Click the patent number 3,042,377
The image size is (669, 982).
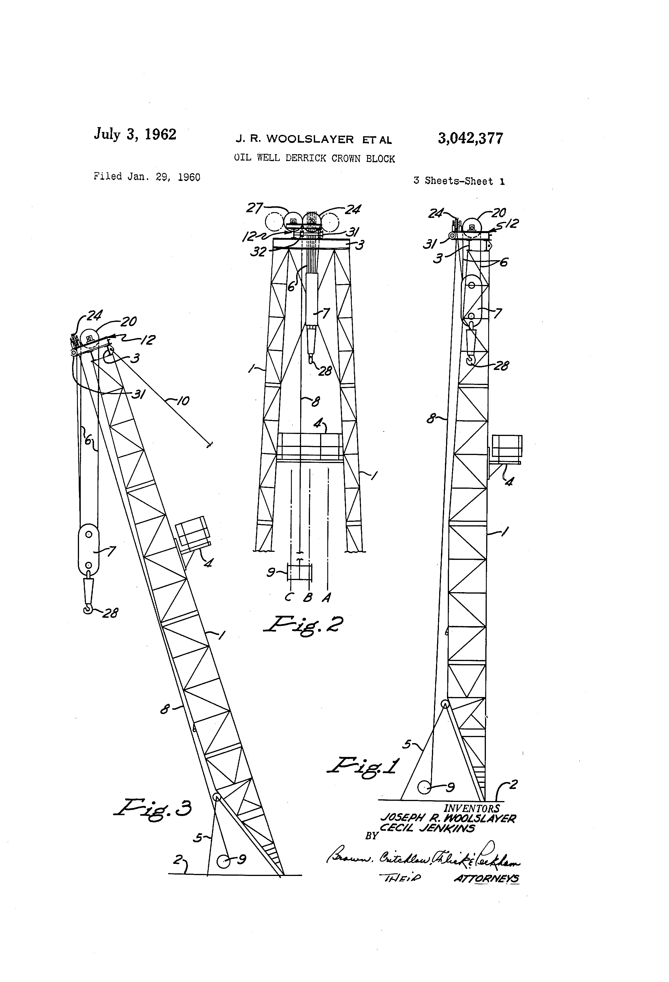click(470, 139)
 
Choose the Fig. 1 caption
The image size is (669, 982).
click(362, 766)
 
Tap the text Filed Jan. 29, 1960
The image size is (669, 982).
click(147, 177)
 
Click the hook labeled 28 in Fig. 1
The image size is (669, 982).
click(471, 359)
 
